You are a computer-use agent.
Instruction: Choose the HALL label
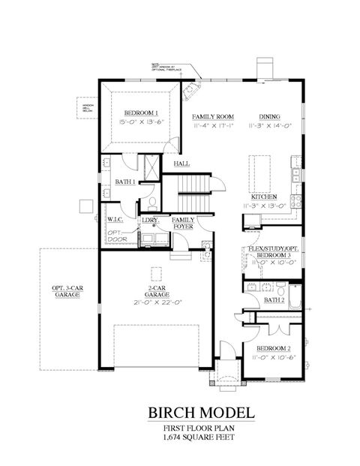[x=181, y=163]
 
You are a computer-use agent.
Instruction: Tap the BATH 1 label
[x=124, y=182]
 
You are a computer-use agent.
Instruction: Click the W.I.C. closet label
[x=115, y=221]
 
